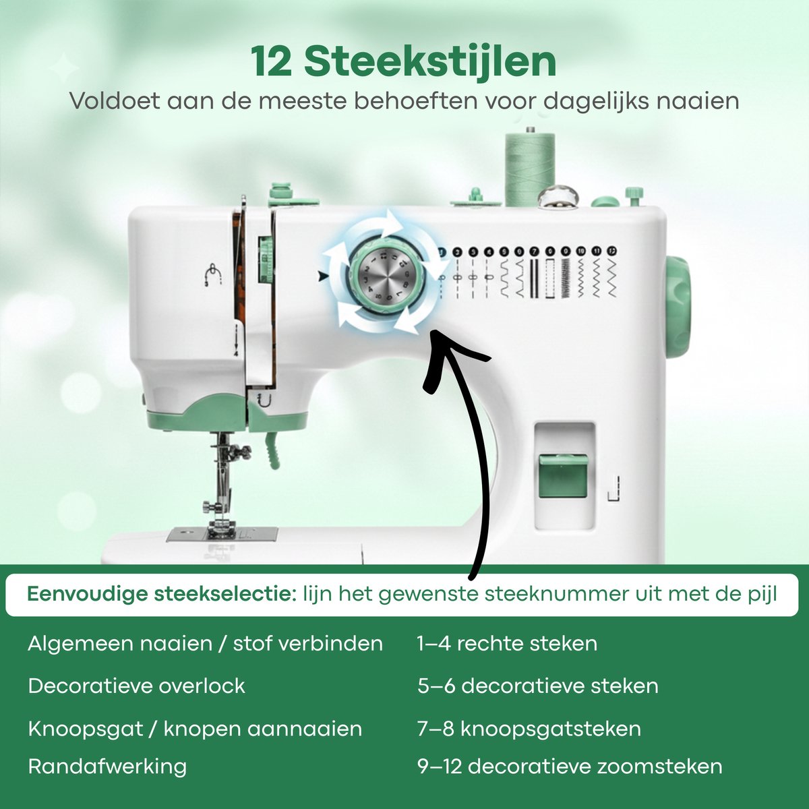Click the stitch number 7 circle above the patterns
click(x=534, y=251)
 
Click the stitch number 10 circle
click(x=580, y=251)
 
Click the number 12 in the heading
click(x=271, y=62)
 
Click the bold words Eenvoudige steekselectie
click(x=162, y=594)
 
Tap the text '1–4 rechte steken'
click(x=507, y=644)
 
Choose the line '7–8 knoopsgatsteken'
click(x=529, y=728)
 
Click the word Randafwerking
click(x=107, y=767)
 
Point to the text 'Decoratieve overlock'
click(x=136, y=686)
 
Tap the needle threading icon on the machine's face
click(x=213, y=275)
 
